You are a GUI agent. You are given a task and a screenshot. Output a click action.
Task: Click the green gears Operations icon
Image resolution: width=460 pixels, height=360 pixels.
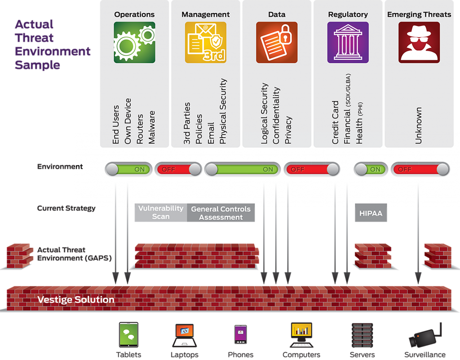[134, 42]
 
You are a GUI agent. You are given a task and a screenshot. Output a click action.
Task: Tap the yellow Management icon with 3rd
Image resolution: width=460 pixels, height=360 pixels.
[205, 42]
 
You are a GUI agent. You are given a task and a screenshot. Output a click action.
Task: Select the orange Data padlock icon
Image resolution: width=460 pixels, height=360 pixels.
[277, 42]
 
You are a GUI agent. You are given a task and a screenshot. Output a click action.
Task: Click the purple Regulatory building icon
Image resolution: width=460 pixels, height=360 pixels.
[348, 42]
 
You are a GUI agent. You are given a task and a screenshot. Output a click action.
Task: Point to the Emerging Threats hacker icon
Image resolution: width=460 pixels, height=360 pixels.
[419, 42]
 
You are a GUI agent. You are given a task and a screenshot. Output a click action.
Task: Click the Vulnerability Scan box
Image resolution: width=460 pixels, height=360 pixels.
[160, 213]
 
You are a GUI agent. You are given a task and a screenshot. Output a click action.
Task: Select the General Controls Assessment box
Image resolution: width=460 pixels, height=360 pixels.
[221, 213]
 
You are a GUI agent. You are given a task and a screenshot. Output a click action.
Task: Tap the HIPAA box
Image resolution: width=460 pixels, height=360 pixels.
[371, 213]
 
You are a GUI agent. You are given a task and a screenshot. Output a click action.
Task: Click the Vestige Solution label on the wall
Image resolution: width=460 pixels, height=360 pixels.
[76, 299]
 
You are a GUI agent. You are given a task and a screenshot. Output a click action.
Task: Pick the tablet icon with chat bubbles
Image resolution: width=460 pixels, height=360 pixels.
[128, 335]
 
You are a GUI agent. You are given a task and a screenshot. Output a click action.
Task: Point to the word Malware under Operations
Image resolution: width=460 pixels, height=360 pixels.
[151, 127]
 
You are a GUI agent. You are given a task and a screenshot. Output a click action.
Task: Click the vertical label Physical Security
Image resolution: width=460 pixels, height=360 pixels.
[223, 112]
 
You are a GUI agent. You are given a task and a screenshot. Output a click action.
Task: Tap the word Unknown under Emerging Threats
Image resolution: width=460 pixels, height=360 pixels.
[419, 125]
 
